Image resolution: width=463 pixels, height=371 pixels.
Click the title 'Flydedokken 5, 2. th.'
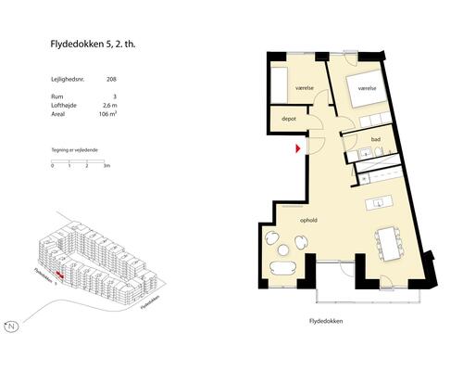[x=98, y=43]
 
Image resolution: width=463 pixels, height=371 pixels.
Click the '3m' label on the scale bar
[x=107, y=166]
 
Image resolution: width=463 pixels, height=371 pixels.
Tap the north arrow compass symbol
[x=12, y=326]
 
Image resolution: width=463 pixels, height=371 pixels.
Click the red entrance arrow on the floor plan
[x=298, y=147]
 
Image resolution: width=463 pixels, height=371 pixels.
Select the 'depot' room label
[x=288, y=119]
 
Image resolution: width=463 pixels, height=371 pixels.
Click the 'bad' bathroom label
[x=376, y=140]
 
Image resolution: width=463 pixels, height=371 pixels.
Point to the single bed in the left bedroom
[x=280, y=84]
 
